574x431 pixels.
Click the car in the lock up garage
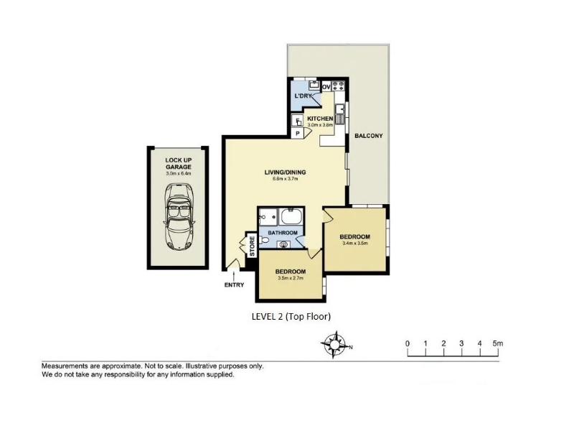click(x=179, y=217)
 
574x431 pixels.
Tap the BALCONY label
click(x=369, y=136)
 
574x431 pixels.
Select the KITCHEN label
click(x=320, y=119)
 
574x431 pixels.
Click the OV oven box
click(x=326, y=87)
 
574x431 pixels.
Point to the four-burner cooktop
click(x=338, y=85)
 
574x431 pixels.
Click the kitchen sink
click(x=339, y=113)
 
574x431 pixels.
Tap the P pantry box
click(x=298, y=134)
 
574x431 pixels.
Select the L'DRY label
click(x=303, y=96)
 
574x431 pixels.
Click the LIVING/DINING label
click(x=285, y=172)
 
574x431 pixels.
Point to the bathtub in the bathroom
click(x=291, y=217)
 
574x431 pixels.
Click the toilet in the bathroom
click(x=263, y=241)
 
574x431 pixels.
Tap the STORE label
click(x=252, y=246)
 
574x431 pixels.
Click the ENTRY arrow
click(x=234, y=274)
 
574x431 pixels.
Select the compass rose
click(x=334, y=345)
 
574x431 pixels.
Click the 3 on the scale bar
click(x=461, y=343)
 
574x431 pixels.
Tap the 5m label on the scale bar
click(x=498, y=343)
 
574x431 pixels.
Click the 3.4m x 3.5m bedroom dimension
click(x=354, y=243)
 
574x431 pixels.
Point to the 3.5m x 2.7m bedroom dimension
click(x=291, y=278)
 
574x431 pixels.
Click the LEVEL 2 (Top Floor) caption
click(x=291, y=316)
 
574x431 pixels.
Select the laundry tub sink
click(x=314, y=85)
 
